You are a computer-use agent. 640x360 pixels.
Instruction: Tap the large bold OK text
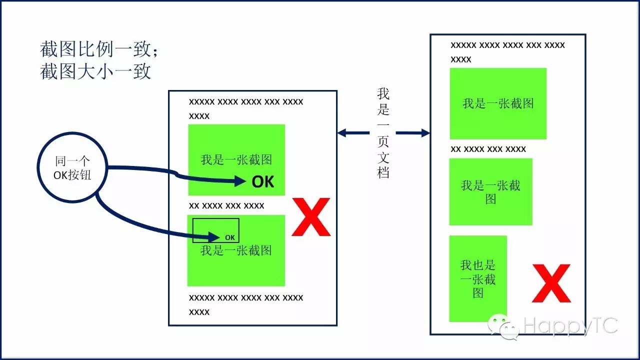coord(263,181)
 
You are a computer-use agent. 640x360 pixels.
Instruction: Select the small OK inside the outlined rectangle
coord(230,237)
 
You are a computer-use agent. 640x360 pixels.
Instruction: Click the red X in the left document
coord(311,217)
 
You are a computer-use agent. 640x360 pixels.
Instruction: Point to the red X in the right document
coord(551,283)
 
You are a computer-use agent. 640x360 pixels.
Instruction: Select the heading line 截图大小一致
coord(95,71)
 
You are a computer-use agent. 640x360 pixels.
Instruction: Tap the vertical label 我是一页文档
coord(383,133)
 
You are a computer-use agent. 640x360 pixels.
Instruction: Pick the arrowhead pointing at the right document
coord(424,132)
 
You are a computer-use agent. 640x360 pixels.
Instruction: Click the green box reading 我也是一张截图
coord(478,278)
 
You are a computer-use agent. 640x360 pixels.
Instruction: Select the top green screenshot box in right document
coord(498,103)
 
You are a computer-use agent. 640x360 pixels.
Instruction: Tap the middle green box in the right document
coord(490,191)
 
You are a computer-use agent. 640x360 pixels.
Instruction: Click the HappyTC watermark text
coord(570,325)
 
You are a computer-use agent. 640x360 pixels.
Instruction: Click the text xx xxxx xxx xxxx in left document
coord(226,205)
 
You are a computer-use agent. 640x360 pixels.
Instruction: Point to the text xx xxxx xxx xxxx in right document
coord(488,149)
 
